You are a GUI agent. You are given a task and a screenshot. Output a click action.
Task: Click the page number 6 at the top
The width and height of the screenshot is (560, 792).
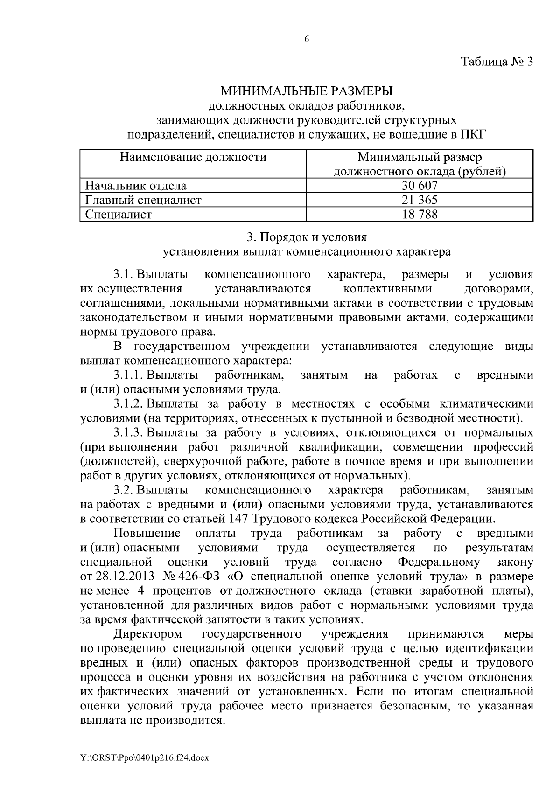307,40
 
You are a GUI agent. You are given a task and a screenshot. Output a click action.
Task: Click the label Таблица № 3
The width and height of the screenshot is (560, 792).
497,62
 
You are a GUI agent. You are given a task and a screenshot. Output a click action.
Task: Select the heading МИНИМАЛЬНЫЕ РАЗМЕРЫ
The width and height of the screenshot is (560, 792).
307,91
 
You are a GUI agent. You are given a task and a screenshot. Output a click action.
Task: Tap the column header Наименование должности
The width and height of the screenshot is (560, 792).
193,157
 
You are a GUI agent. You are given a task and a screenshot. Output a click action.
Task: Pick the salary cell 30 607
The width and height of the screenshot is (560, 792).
420,186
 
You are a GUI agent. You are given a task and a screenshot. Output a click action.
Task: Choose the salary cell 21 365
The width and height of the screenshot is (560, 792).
420,200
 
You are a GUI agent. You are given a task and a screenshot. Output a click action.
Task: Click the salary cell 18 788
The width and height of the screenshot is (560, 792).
420,215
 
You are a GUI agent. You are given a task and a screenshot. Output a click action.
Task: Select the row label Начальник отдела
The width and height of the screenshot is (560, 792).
136,186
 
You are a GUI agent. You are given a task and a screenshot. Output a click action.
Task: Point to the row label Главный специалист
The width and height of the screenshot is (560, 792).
143,200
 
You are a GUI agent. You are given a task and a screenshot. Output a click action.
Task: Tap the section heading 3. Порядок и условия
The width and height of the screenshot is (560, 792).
307,237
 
